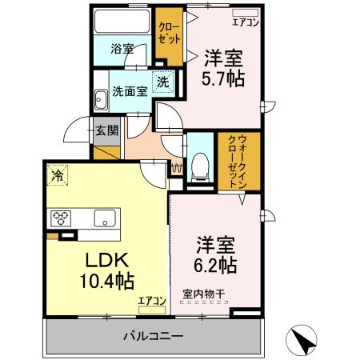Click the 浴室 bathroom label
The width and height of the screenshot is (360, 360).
pos(123,47)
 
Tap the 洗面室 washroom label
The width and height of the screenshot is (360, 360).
pos(129,91)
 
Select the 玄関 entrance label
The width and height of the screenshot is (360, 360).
pos(106,130)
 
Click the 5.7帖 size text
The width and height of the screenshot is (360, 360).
pos(223,79)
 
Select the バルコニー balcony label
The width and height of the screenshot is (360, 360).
pos(153,335)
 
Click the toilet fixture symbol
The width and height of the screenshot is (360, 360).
pos(200,165)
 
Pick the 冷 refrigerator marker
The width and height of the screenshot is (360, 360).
pos(58,172)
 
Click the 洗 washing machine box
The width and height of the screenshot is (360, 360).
pos(162,81)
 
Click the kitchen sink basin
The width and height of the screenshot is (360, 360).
pos(105,217)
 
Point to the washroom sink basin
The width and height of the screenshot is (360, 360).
pos(101,101)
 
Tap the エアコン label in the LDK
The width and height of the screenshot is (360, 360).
pos(151,301)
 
